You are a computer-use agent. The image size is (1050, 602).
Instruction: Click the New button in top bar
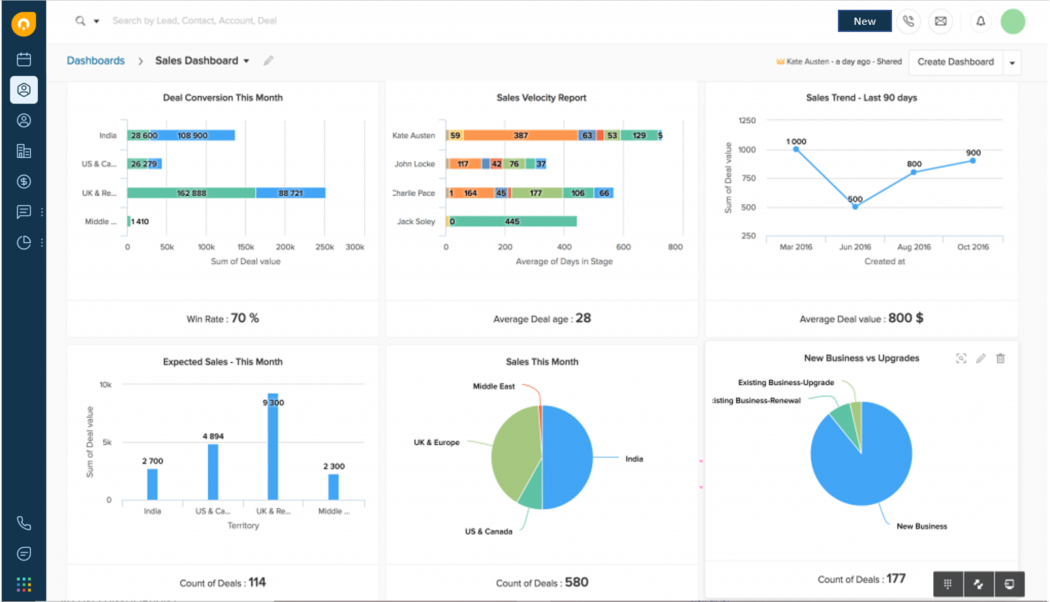click(x=864, y=21)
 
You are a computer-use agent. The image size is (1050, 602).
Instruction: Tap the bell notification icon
click(x=980, y=21)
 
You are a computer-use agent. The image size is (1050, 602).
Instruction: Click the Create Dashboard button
click(x=955, y=62)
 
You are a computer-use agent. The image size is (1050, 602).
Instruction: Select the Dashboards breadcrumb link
click(x=95, y=61)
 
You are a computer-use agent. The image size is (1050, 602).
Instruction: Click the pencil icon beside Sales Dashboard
click(x=268, y=61)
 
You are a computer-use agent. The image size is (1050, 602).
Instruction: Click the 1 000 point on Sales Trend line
click(x=796, y=149)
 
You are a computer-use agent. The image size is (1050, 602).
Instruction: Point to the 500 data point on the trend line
click(x=855, y=207)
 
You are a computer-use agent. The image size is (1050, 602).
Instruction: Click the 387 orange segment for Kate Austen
click(x=521, y=136)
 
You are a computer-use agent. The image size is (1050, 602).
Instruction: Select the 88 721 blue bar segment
click(x=290, y=193)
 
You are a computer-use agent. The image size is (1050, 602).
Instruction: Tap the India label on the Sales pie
click(x=634, y=459)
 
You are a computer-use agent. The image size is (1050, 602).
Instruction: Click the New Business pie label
click(x=921, y=526)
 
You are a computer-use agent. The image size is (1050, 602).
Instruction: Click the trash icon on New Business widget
click(x=1000, y=358)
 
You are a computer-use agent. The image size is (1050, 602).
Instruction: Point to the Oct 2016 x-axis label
click(x=972, y=247)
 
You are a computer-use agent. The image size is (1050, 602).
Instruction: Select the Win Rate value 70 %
click(x=245, y=318)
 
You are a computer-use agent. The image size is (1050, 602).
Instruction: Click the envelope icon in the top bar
click(x=940, y=21)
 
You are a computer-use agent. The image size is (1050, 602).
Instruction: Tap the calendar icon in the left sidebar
click(x=24, y=59)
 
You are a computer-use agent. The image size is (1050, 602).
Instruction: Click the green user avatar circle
click(x=1013, y=21)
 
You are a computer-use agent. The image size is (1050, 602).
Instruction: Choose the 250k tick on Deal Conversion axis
click(x=324, y=247)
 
